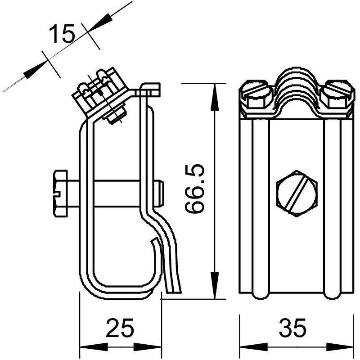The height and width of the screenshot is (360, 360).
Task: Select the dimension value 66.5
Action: point(194,189)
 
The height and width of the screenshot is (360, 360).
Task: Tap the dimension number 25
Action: point(120,328)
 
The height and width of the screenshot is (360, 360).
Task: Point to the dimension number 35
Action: point(292,328)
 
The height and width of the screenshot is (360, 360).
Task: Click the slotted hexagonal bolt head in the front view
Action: point(297,193)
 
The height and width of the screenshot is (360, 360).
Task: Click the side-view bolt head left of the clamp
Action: point(60,193)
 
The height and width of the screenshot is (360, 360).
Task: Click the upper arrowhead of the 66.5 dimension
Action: point(215,97)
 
